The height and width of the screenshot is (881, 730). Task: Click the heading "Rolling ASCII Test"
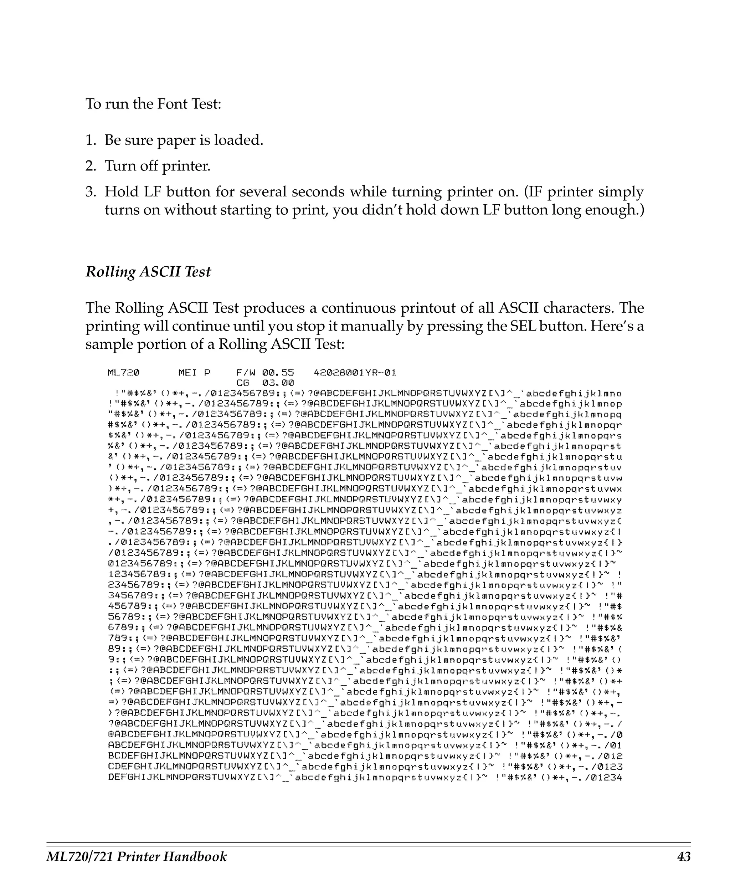point(148,272)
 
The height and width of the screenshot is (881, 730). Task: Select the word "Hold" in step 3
point(122,192)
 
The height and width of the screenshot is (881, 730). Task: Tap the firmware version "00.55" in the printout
point(278,373)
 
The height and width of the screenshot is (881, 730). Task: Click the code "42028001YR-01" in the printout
point(355,373)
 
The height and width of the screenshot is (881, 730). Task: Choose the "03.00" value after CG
point(278,383)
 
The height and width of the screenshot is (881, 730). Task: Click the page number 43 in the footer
point(683,857)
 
